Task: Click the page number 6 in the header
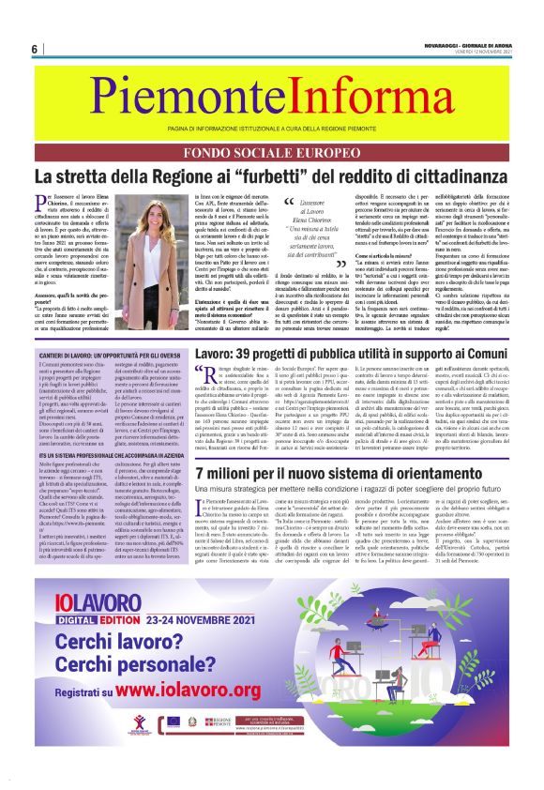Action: [34, 49]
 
